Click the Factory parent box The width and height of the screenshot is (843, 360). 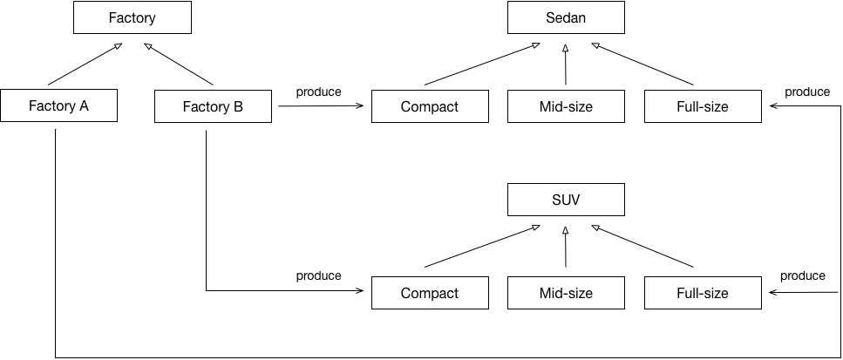133,17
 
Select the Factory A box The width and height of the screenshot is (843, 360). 58,107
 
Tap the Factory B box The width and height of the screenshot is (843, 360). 213,107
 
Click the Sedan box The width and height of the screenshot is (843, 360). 566,17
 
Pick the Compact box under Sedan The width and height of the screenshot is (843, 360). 430,107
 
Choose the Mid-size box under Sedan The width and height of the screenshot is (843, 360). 566,107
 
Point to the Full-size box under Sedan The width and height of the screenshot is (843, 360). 703,107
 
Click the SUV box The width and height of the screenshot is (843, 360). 566,200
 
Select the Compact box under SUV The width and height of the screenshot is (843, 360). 430,293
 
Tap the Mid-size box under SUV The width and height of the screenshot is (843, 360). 566,293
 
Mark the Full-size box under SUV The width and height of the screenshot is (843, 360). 703,293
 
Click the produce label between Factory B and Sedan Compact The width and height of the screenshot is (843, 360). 318,92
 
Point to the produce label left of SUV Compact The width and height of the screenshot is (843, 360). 318,276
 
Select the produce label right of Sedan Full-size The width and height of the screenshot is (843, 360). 806,92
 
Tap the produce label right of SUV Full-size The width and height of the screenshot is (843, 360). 802,276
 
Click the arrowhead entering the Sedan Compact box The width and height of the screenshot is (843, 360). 359,106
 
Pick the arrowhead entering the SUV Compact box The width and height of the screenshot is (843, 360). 359,291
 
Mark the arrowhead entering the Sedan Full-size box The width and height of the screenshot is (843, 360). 773,106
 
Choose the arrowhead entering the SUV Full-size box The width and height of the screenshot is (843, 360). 773,292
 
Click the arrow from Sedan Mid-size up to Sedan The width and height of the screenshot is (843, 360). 566,65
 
